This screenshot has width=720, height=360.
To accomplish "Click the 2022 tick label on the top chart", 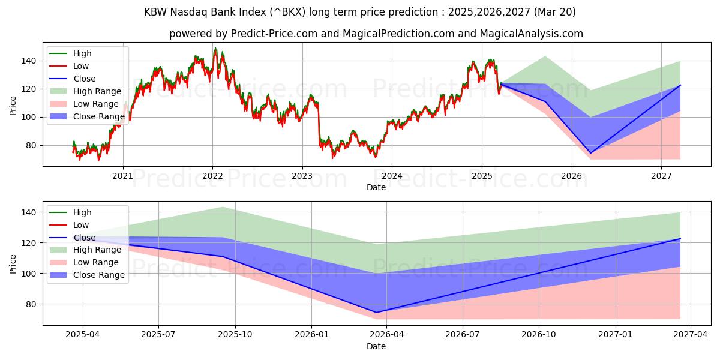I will point(212,176).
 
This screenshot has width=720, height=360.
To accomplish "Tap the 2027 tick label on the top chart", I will point(661,176).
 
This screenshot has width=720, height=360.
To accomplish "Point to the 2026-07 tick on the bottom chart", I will point(463,335).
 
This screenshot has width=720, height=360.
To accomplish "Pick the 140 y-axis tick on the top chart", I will point(29,61).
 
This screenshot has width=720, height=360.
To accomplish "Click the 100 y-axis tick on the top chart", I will point(29,117).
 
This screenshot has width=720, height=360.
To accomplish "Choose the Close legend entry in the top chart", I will point(84,79).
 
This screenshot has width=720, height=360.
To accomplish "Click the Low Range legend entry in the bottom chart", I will point(97,262).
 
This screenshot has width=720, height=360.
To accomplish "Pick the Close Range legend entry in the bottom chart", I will point(99,275).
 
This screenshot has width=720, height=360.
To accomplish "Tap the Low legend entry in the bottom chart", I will point(81,225).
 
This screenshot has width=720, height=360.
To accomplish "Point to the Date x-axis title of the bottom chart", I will point(376,346).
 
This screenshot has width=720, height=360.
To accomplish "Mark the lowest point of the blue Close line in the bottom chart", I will point(376,312).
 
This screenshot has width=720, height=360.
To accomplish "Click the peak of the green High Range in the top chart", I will point(545,56).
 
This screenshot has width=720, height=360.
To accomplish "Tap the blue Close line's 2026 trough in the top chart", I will point(590,153).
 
